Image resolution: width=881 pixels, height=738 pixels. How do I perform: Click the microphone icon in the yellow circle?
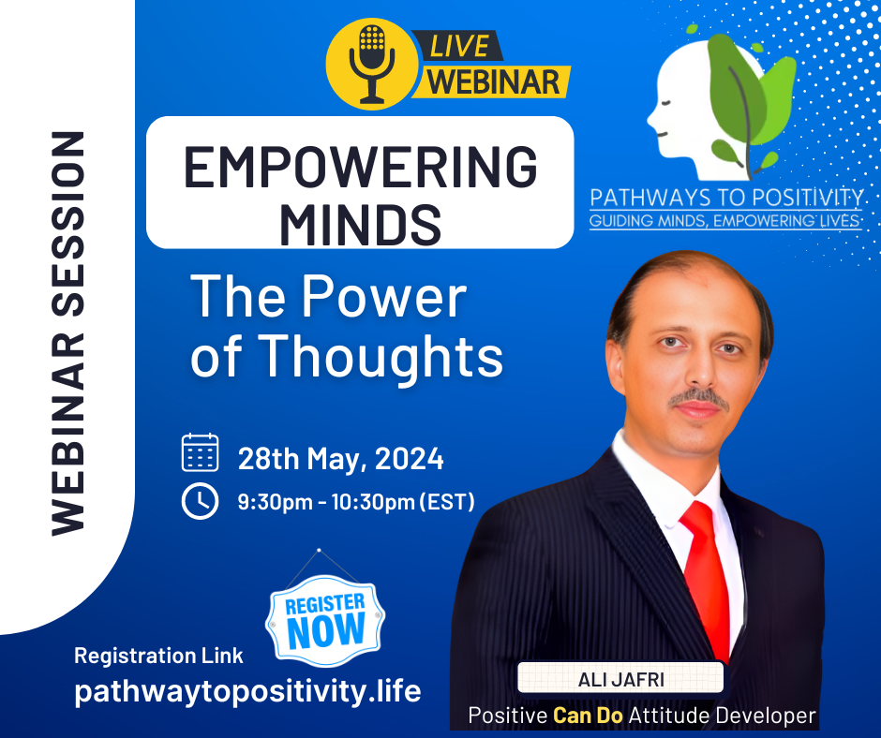coord(371,64)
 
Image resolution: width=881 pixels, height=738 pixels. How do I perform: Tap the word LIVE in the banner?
coord(459,46)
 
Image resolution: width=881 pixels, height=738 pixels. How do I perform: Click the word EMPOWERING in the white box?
coord(360,168)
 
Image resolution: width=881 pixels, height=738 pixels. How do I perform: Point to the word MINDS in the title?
coord(360,225)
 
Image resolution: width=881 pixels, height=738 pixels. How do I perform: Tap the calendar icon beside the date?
coord(200,452)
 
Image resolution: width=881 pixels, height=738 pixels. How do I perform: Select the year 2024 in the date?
coord(409,459)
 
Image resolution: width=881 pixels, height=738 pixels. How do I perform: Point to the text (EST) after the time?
coord(448,502)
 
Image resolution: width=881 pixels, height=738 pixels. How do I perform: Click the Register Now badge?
coord(325,621)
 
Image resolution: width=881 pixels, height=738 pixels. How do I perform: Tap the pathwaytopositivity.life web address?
coord(247,691)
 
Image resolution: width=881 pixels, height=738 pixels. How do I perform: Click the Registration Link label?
coord(158,656)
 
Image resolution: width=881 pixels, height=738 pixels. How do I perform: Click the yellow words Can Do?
coord(588,716)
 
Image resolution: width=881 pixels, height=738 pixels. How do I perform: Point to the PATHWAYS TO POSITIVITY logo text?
coord(726,198)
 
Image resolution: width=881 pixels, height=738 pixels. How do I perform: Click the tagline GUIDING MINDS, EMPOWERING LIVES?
coord(724,221)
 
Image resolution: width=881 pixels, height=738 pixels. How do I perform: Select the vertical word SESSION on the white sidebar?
coord(67,224)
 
